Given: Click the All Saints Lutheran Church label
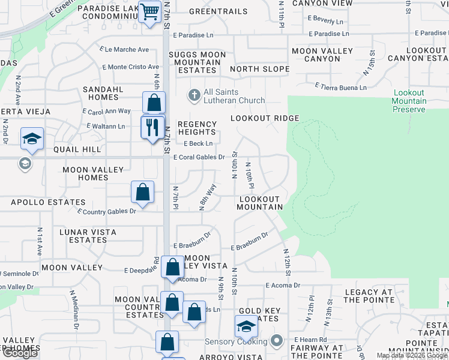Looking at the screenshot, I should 230,96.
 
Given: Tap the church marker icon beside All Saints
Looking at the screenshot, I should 194,95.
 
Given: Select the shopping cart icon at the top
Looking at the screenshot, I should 149,11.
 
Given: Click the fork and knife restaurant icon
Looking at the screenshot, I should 152,127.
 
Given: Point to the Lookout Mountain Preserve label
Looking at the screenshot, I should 409,101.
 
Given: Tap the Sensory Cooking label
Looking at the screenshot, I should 236,341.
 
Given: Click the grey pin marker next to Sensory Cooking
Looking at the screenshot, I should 276,341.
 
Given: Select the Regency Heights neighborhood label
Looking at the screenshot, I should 197,128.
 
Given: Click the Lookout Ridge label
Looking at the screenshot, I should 264,119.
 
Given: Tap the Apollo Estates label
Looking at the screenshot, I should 40,202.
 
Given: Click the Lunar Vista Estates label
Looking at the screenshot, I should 88,236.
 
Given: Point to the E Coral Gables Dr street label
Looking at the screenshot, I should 199,157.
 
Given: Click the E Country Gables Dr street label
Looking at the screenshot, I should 106,211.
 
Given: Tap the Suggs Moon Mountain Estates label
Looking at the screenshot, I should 197,62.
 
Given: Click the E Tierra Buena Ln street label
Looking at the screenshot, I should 340,88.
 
